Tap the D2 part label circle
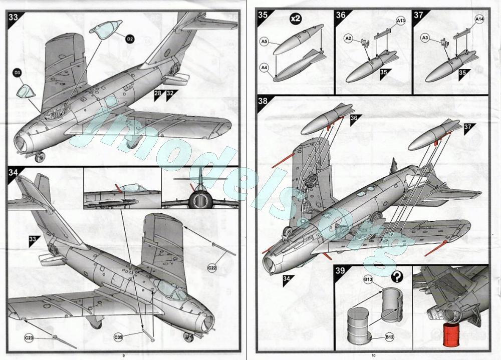(130, 39)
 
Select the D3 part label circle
(18, 74)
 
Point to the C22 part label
(212, 268)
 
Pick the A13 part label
(401, 21)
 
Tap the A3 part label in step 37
(425, 38)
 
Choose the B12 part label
(389, 337)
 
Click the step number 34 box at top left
(14, 172)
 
